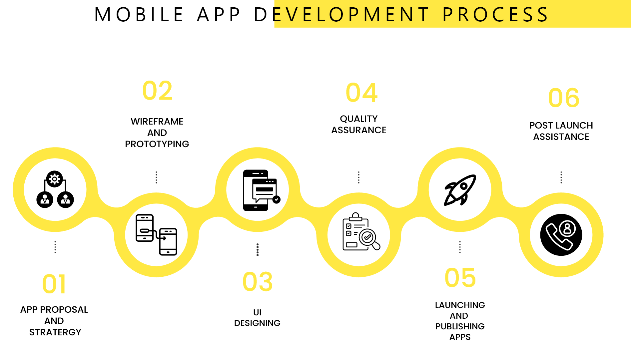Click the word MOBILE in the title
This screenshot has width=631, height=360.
pos(139,15)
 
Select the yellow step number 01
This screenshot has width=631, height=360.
pos(54,284)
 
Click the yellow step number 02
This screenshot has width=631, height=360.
pos(157,91)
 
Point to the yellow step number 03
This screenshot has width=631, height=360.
pos(258,282)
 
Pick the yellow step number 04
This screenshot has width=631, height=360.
pos(361,93)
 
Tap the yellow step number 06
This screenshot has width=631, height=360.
pos(564,98)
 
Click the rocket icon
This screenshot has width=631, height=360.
pos(460,190)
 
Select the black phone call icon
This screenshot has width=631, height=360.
pos(561,235)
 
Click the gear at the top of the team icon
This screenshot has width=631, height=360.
pos(55,179)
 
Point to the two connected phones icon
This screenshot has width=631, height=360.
pos(156,235)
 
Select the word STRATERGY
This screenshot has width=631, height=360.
pos(55,332)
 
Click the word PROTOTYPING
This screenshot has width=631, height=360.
pos(157,144)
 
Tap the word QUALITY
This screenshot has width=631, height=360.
pos(359,119)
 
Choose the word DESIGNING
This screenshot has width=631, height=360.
pos(257,323)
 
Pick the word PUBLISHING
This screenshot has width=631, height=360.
pos(460,326)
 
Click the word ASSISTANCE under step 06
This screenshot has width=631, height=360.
pos(561,137)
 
